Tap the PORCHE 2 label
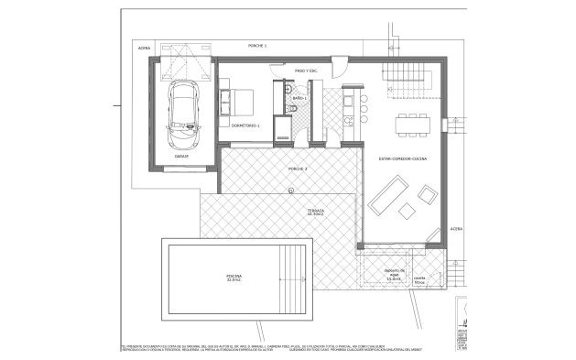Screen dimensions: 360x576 [x=298, y=170]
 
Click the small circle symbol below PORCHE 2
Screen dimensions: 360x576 [x=289, y=191]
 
